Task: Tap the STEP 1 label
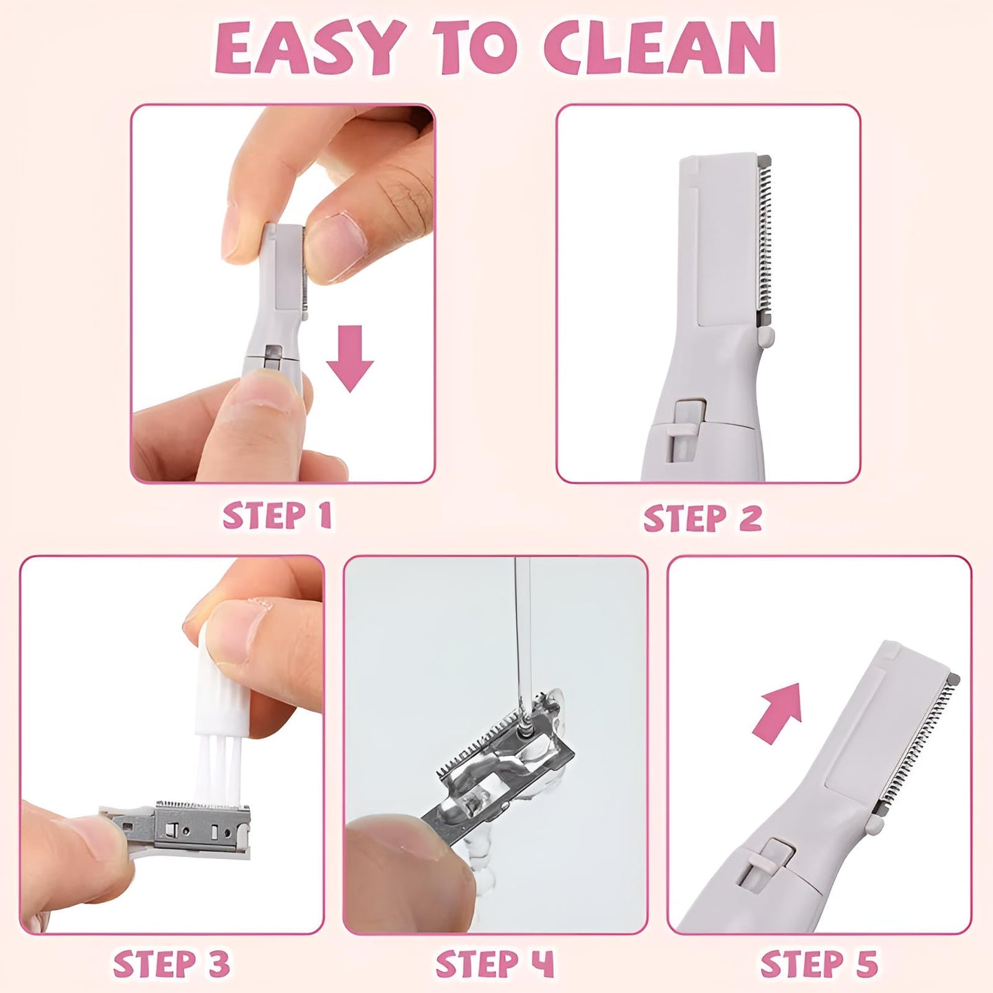click(x=277, y=516)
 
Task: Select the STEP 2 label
click(x=702, y=518)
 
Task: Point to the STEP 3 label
click(x=171, y=964)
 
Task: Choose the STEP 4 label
click(x=494, y=964)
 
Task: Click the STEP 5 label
click(x=819, y=964)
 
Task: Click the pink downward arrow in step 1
click(x=350, y=357)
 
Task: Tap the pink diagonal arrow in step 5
click(x=779, y=711)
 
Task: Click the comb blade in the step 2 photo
click(x=765, y=241)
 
